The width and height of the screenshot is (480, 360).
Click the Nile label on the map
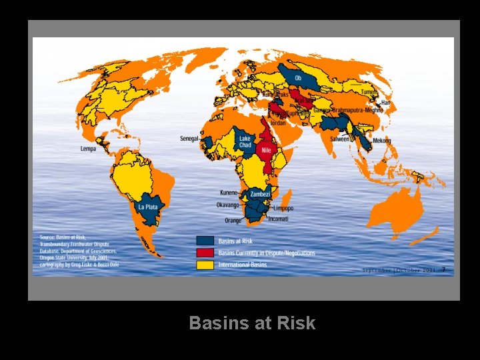265,151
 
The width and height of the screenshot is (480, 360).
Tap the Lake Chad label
245,142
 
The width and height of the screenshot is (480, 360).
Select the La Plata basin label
147,207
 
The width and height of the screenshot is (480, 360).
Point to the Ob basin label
297,78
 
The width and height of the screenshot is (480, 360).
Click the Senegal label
190,139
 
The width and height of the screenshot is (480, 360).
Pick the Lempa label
87,149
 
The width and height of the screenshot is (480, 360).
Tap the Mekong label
382,141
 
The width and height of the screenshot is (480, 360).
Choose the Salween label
341,139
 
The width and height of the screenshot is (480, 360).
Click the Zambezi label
260,194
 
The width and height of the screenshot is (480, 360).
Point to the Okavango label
229,205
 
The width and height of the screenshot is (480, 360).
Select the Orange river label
233,220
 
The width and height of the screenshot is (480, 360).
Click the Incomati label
278,218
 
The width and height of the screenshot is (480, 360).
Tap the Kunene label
231,192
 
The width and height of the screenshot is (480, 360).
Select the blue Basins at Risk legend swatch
205,241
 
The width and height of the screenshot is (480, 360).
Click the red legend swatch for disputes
205,253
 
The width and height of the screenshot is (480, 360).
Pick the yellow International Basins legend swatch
205,265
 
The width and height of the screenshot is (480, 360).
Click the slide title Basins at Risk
252,323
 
